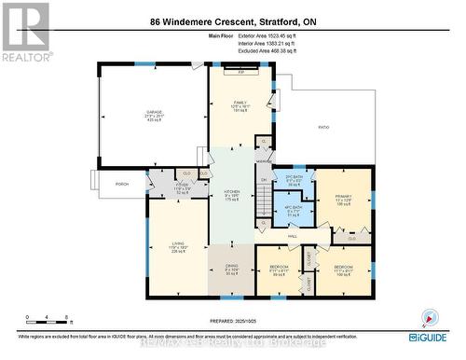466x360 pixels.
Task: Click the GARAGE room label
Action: (154, 112)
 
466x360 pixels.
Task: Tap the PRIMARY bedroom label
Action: (342, 197)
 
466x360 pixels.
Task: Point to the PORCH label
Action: (121, 184)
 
